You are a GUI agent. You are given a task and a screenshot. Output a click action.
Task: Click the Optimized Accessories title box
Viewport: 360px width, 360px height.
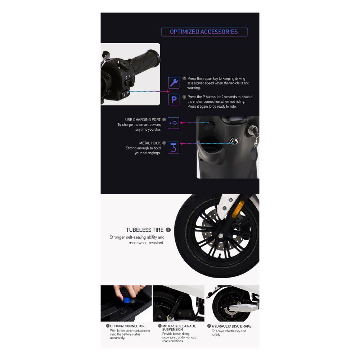[x=204, y=32]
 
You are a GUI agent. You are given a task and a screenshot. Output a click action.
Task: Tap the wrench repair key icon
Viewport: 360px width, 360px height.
[x=174, y=83]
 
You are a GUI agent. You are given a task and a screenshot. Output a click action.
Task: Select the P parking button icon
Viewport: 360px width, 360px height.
[x=174, y=99]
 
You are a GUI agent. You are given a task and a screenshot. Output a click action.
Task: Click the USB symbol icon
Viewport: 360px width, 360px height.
[x=174, y=123]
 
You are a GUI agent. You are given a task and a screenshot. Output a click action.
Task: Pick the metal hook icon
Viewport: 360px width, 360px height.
[x=174, y=147]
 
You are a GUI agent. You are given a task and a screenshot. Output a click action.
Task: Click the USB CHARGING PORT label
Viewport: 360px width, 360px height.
[x=143, y=120]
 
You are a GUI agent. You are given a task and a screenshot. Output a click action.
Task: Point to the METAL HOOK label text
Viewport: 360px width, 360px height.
[x=150, y=143]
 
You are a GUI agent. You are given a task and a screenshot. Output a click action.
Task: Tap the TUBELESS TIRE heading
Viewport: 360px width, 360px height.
[x=145, y=230]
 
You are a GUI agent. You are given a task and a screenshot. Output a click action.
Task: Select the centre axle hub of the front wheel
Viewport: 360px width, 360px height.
[x=221, y=235]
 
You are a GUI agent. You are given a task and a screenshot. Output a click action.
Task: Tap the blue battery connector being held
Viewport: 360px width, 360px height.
[x=127, y=299]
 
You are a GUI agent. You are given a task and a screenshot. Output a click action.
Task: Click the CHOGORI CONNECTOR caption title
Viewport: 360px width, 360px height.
[x=127, y=326]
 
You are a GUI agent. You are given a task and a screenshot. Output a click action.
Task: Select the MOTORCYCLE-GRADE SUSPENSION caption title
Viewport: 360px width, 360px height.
[x=179, y=328]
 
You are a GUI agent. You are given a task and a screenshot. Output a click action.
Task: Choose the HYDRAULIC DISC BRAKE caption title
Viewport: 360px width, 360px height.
[x=231, y=326]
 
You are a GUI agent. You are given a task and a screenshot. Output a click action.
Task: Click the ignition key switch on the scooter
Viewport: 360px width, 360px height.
[x=253, y=129]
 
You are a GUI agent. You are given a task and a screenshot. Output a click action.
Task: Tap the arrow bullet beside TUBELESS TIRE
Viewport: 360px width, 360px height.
[x=168, y=230]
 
